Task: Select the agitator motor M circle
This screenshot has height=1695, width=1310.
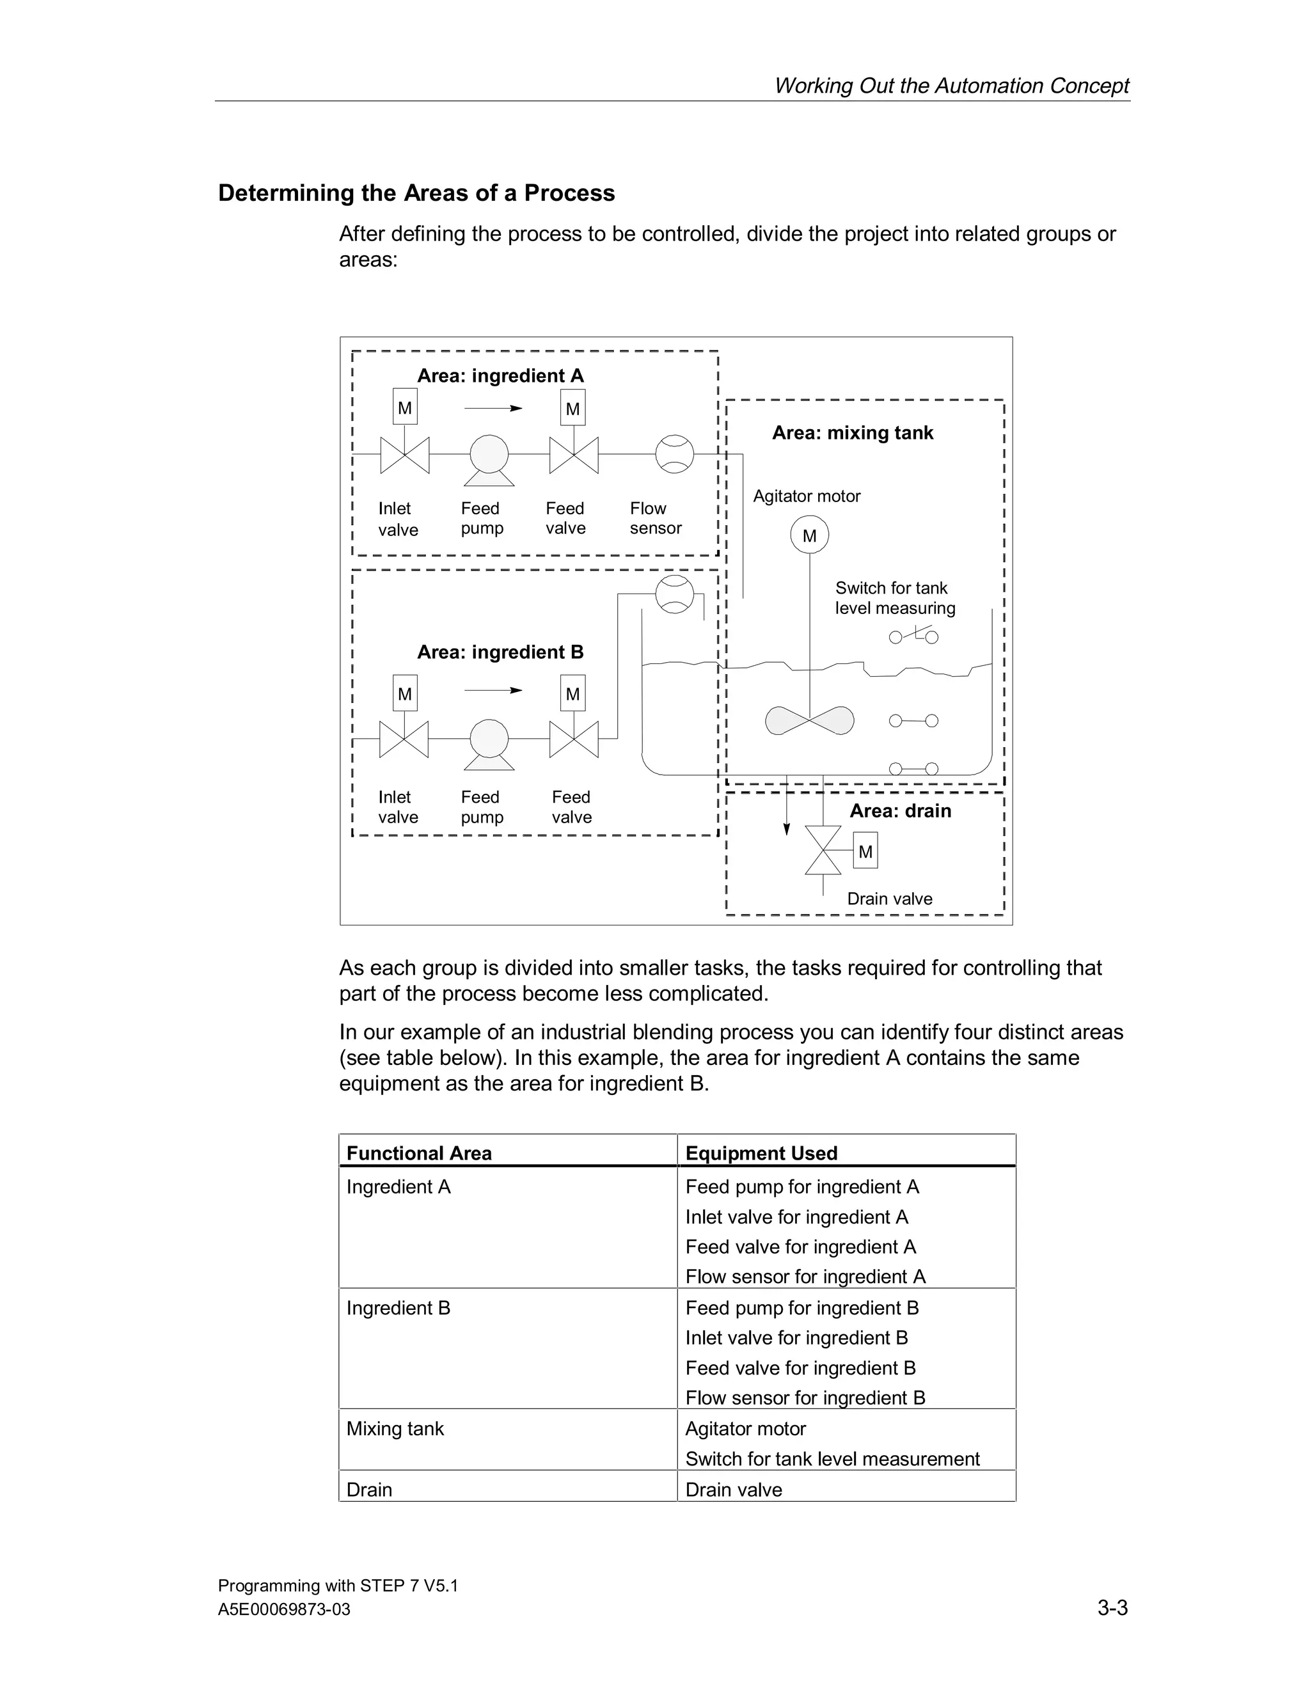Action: tap(809, 535)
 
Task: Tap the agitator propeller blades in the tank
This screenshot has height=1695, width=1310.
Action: tap(809, 720)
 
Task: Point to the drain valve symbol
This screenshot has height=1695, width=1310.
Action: tap(823, 851)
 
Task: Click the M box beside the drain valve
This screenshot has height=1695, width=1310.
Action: tap(865, 851)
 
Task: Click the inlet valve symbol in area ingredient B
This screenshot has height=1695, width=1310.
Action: tap(404, 739)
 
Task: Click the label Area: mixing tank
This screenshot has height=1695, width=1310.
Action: tap(852, 433)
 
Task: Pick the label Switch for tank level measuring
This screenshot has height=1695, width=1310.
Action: tap(894, 599)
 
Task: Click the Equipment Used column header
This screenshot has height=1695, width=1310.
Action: tap(761, 1153)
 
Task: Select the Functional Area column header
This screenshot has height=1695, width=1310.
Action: tap(419, 1153)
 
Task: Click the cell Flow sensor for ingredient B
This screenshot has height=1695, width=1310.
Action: tap(805, 1398)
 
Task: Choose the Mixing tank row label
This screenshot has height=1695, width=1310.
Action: tap(395, 1429)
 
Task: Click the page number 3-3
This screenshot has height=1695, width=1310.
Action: tap(1112, 1607)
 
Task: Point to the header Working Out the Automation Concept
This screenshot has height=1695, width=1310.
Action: tap(951, 85)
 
